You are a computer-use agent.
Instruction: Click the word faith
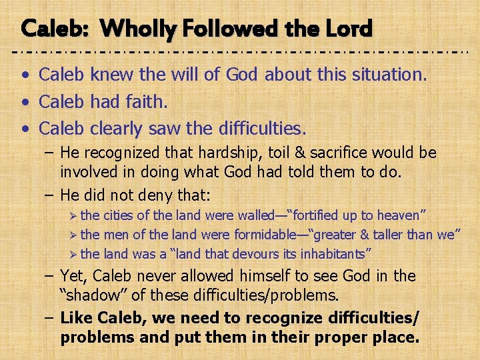pyautogui.click(x=149, y=101)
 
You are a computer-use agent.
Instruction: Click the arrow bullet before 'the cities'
pyautogui.click(x=73, y=215)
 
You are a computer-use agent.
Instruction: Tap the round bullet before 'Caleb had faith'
pyautogui.click(x=25, y=101)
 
